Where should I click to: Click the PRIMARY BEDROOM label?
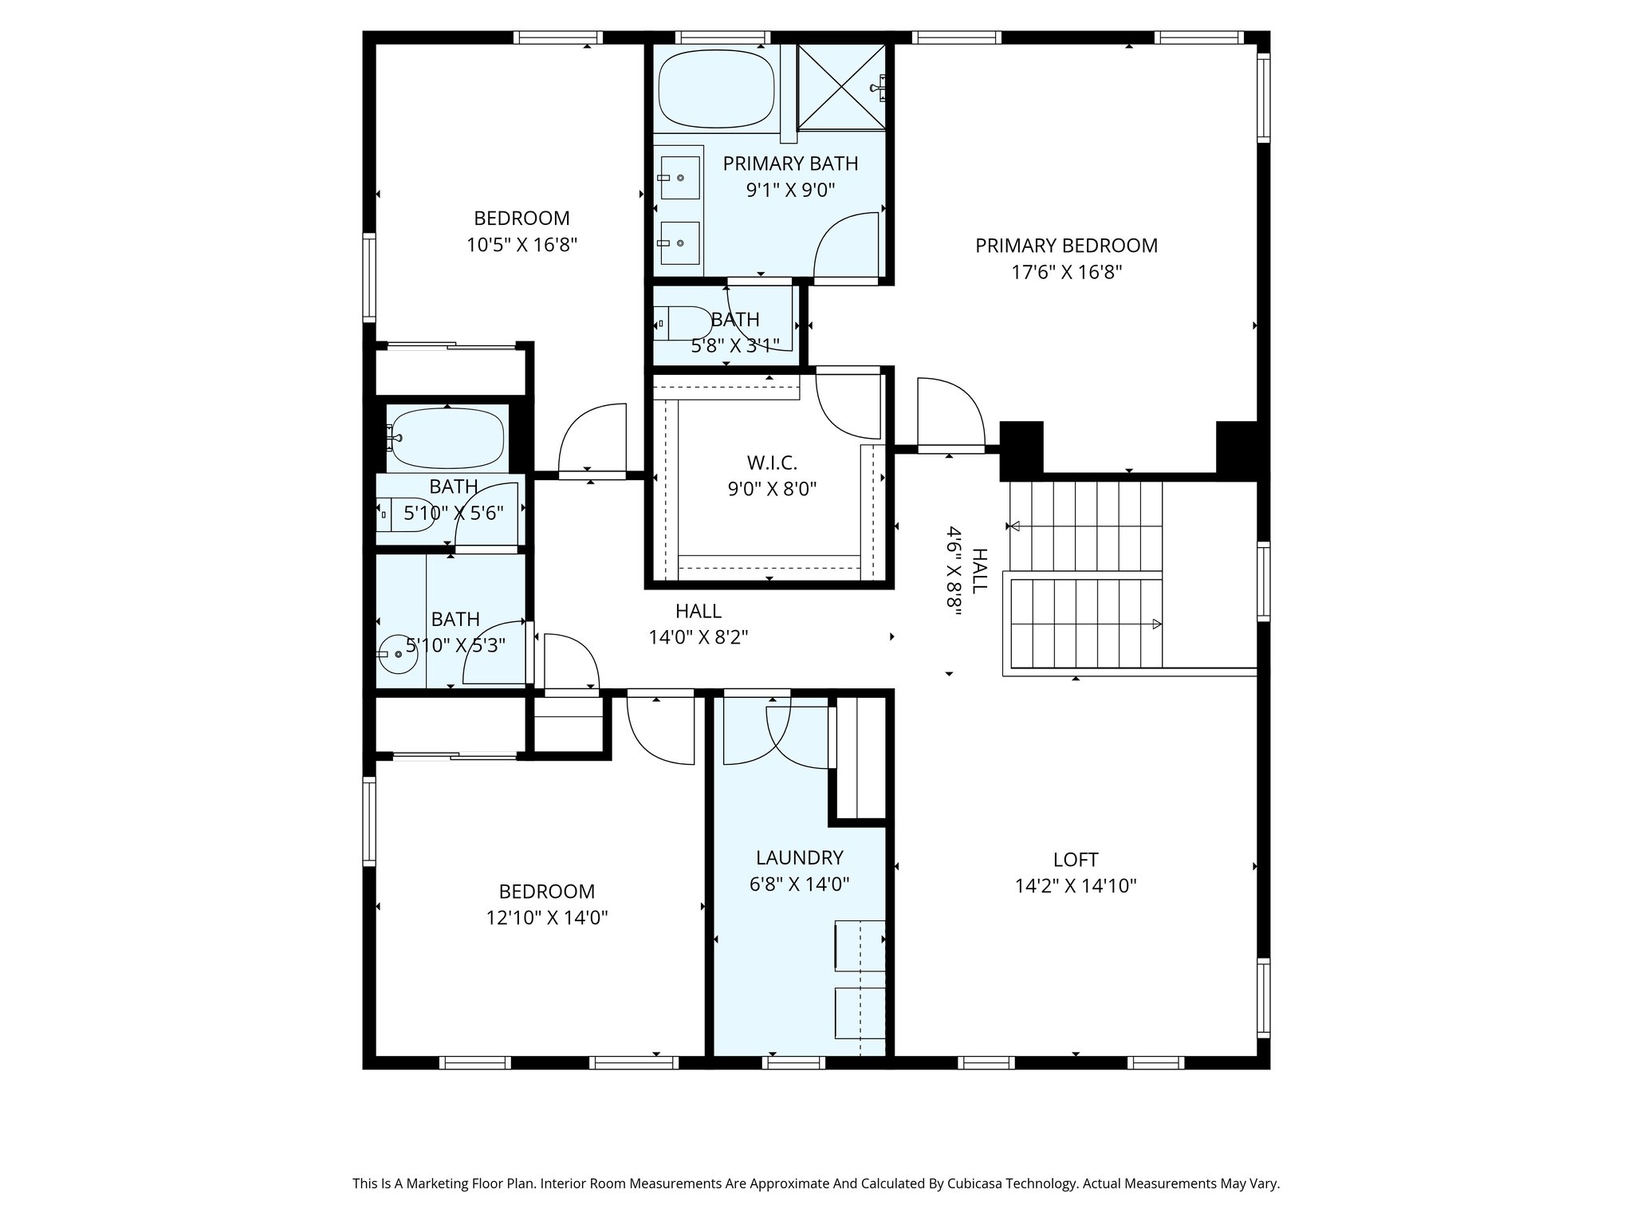[x=1066, y=246]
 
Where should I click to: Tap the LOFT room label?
[x=1076, y=860]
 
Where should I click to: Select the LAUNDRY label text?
[x=800, y=857]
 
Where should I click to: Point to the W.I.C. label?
[x=772, y=463]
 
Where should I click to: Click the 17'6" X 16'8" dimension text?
[x=1067, y=273]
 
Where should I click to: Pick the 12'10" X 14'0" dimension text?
[x=547, y=918]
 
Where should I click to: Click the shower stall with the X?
[x=841, y=87]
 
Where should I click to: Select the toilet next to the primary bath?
[x=683, y=324]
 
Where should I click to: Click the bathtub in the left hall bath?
[x=447, y=439]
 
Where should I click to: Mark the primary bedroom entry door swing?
[x=951, y=413]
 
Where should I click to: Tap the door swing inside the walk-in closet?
[x=848, y=405]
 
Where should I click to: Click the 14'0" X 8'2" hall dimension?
[x=698, y=638]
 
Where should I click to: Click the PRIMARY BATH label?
[x=790, y=163]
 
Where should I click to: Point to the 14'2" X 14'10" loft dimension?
[x=1076, y=886]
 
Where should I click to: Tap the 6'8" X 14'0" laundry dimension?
[x=800, y=884]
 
